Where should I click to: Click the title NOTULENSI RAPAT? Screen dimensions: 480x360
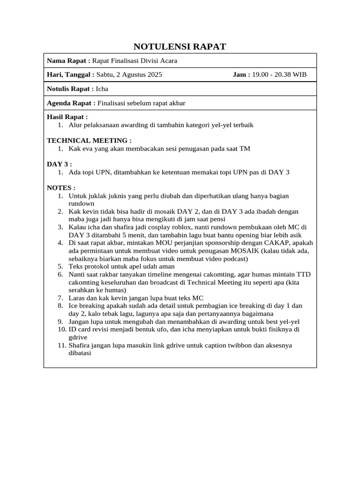180,46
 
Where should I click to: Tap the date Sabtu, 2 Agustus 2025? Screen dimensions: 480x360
129,75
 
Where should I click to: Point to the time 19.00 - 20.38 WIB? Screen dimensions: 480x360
279,75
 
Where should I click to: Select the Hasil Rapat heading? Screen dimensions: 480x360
67,117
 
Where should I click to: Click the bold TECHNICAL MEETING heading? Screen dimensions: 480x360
89,140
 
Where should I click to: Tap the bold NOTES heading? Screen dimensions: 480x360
61,187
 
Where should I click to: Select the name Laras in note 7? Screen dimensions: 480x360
77,298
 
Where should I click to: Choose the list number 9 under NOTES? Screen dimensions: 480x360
60,322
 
